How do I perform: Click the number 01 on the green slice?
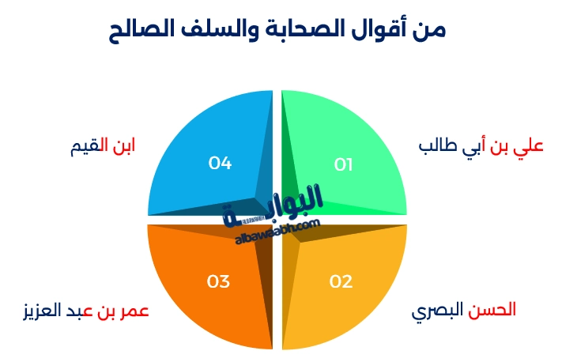(343, 164)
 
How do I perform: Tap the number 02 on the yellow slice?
(341, 281)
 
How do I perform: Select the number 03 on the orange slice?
(219, 281)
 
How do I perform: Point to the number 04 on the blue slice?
(220, 164)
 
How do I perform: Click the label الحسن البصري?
(464, 310)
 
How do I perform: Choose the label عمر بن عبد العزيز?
(86, 310)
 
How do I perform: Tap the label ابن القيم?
(102, 146)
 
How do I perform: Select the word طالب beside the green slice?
(436, 147)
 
